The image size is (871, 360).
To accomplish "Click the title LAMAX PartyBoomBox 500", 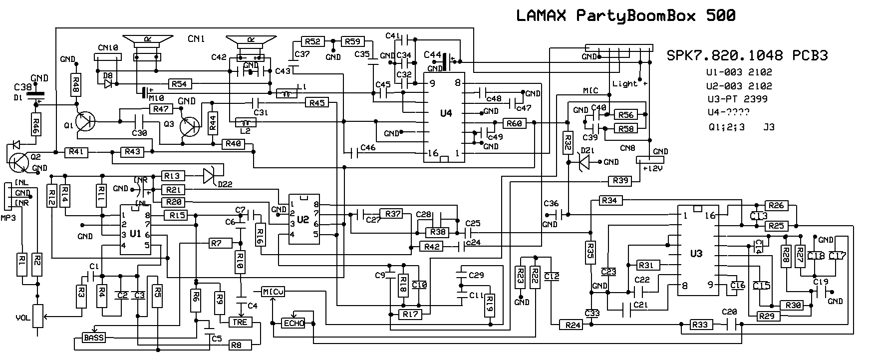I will [625, 16].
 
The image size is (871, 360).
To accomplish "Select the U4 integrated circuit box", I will [445, 118].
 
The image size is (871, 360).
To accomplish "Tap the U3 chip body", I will [697, 250].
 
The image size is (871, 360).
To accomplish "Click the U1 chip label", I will [135, 234].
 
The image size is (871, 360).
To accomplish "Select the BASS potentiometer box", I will [94, 338].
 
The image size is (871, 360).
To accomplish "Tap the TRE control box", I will [240, 322].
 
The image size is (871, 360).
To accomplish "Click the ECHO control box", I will [294, 323].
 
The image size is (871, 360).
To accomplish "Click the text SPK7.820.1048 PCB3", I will [747, 56].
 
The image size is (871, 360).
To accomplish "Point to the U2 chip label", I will [303, 219].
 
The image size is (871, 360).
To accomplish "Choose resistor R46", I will [36, 124].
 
